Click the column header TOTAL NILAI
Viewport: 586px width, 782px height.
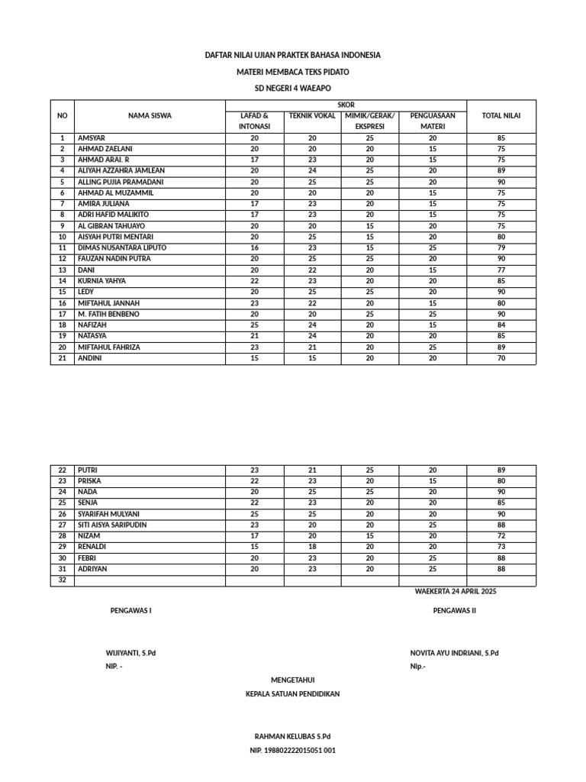501,116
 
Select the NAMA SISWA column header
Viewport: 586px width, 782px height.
150,116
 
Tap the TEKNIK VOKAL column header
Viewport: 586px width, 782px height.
312,115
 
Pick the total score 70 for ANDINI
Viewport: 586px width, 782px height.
501,358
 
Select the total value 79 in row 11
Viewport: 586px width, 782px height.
501,248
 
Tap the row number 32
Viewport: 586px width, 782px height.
63,580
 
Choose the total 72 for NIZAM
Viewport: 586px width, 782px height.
501,536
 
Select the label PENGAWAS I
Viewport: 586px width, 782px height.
131,611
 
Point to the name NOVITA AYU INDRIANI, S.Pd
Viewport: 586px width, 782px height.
455,653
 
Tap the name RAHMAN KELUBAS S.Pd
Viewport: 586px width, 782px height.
292,736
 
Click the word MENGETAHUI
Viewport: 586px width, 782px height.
292,680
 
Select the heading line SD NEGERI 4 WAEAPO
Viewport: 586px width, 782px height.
292,89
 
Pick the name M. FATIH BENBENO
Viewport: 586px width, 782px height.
114,314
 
